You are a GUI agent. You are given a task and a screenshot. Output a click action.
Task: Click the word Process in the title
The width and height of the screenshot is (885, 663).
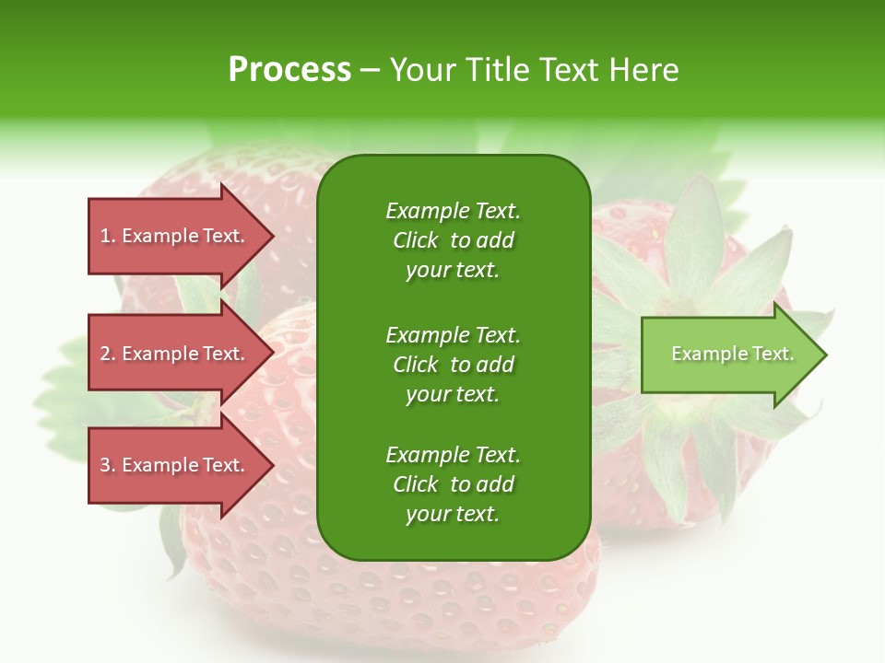(x=289, y=70)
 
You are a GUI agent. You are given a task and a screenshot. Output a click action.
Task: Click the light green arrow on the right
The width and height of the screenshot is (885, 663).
(x=728, y=355)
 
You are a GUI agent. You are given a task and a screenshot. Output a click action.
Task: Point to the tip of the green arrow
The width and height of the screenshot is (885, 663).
(x=822, y=355)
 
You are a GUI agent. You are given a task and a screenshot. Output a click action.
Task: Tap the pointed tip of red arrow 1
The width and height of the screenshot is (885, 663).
(x=270, y=236)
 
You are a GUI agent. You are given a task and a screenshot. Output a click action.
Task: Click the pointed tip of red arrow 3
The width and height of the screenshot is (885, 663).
(x=270, y=465)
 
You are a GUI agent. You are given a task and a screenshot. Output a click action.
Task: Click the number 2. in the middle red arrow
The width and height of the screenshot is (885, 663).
(x=108, y=354)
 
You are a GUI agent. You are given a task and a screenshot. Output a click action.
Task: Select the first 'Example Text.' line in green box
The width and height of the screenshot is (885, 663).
(x=453, y=211)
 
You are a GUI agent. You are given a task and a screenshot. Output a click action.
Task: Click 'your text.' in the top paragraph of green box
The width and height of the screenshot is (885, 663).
(x=453, y=271)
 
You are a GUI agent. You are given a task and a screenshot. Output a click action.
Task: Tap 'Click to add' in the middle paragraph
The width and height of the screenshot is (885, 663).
(x=453, y=365)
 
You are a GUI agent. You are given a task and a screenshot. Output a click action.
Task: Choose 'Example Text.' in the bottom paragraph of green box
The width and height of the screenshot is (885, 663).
(x=453, y=455)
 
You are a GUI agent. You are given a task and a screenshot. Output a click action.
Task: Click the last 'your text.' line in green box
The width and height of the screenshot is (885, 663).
(x=453, y=515)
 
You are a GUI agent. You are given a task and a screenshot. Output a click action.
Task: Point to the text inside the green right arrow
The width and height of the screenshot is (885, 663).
(x=732, y=354)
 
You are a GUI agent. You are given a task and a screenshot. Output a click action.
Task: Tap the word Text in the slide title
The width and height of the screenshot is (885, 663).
(x=567, y=70)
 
